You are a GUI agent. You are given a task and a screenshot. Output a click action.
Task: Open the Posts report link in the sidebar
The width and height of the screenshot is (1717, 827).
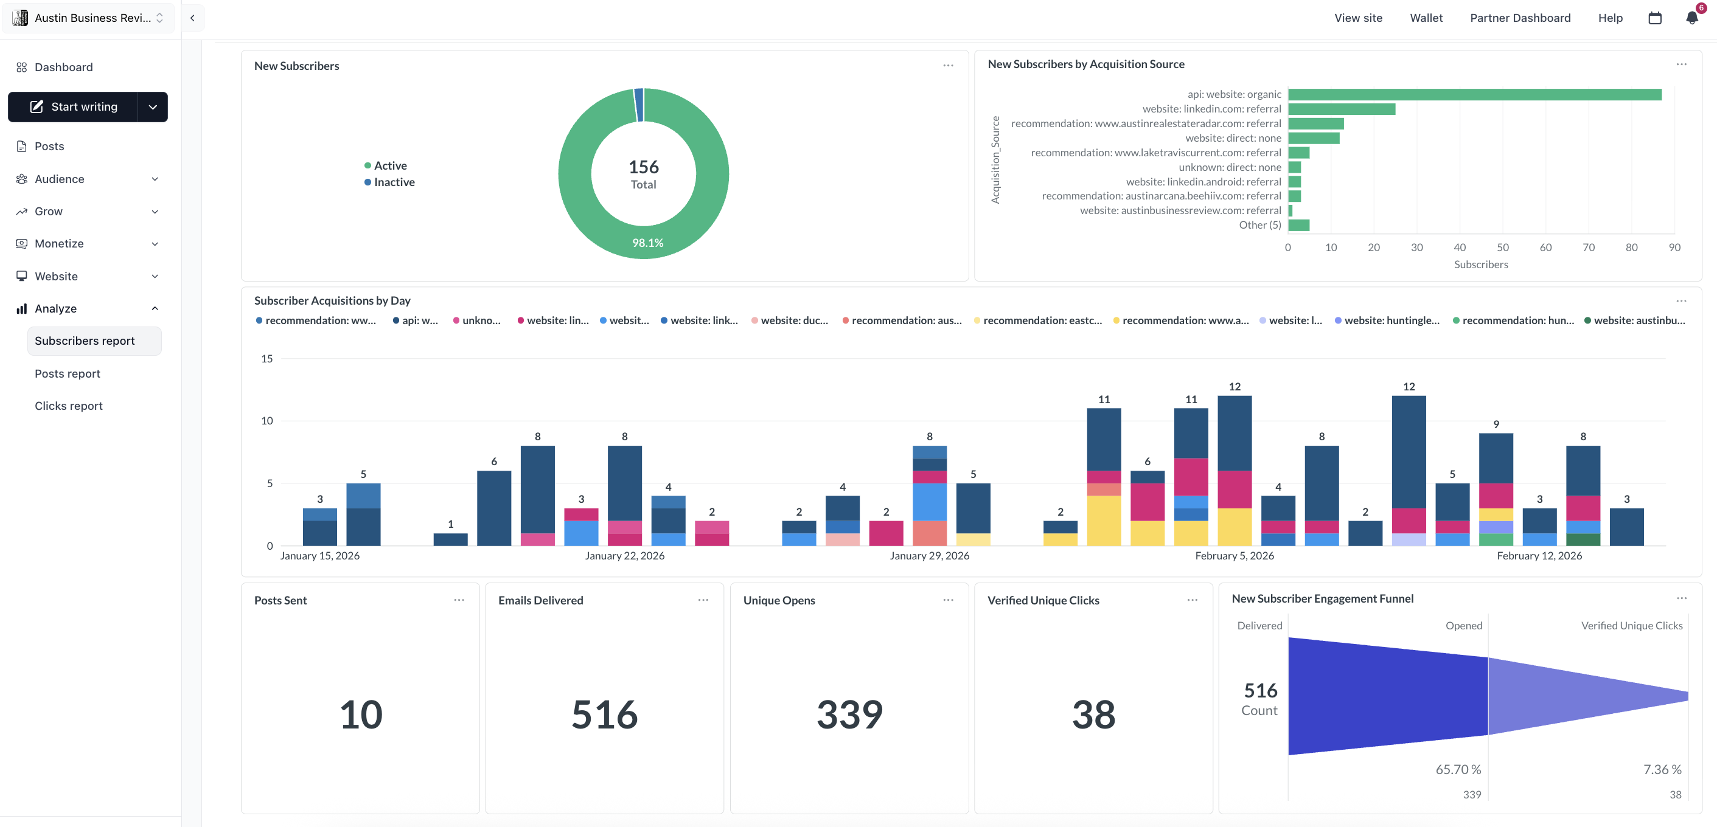[68, 374]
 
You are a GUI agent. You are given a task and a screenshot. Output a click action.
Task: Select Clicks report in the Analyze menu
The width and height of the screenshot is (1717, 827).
[69, 406]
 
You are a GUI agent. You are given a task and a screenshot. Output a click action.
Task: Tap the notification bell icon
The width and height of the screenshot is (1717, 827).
[1691, 18]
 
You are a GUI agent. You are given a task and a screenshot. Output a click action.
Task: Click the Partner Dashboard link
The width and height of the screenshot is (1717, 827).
[1520, 18]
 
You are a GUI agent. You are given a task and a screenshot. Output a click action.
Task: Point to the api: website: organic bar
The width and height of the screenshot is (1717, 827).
[1474, 95]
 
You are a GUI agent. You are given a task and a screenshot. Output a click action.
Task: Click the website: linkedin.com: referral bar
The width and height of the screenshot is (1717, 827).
[1341, 109]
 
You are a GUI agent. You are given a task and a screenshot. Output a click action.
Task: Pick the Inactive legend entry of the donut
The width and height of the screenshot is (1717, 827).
[393, 182]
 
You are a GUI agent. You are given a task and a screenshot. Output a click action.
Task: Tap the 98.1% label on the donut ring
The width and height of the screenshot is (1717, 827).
[647, 243]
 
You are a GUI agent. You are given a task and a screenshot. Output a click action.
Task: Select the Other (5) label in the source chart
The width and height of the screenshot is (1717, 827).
[1259, 225]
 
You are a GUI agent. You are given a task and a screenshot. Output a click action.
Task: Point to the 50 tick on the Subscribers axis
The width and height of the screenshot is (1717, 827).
[1502, 247]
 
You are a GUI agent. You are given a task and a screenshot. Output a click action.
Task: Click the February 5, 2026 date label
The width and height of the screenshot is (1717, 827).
[1234, 556]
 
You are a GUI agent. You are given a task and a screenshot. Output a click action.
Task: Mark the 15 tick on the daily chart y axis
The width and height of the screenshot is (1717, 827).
[266, 359]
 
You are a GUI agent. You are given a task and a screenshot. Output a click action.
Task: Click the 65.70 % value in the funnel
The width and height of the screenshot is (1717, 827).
[1458, 770]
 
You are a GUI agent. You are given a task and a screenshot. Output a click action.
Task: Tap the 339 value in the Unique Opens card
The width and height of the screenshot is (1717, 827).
[849, 715]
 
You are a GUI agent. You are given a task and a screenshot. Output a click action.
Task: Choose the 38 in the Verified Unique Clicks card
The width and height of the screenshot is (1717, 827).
[1093, 715]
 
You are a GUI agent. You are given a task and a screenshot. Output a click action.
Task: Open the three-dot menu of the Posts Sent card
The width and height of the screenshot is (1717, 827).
[459, 600]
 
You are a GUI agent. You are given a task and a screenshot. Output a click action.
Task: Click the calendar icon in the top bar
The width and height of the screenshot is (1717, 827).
[1654, 18]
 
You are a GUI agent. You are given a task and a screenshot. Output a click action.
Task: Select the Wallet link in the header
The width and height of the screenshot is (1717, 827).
[1426, 18]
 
